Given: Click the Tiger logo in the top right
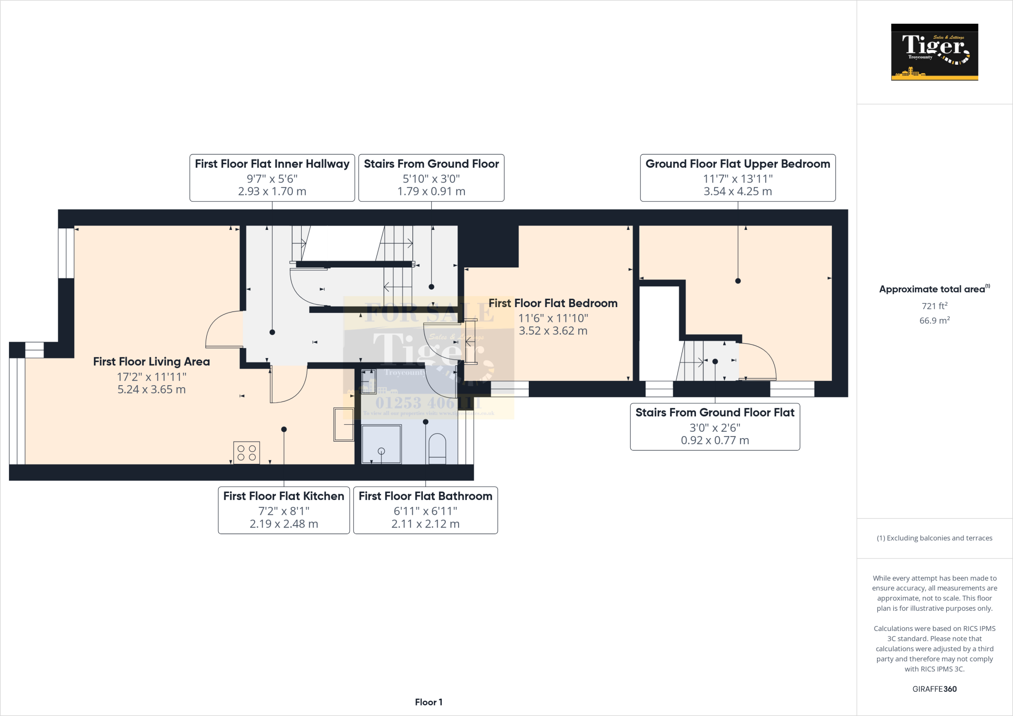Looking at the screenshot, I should click(x=934, y=52).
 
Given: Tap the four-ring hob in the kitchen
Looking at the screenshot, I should click(x=246, y=452).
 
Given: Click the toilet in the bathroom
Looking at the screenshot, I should click(x=437, y=448).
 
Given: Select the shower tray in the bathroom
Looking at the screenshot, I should click(x=381, y=444).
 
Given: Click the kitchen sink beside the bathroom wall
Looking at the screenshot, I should click(x=343, y=424).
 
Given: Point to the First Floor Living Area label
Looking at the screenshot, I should click(x=151, y=362).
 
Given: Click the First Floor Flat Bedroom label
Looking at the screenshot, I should click(x=553, y=304).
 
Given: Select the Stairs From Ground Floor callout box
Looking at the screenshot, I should click(x=431, y=178).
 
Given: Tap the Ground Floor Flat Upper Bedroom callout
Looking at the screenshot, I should click(x=737, y=178).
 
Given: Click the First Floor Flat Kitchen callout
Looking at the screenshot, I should click(x=283, y=510).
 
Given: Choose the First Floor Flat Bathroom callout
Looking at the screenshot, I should click(x=425, y=510).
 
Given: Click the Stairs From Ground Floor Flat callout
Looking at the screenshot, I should click(x=715, y=426).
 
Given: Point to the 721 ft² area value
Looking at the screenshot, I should click(x=934, y=306).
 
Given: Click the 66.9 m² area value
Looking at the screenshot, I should click(x=934, y=320).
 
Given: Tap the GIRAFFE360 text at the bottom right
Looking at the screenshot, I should click(x=934, y=689).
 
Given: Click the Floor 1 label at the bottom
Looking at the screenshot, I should click(x=428, y=702).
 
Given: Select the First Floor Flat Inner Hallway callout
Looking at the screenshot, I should click(x=272, y=178).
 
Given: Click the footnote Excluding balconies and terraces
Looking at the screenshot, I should click(x=934, y=538).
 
